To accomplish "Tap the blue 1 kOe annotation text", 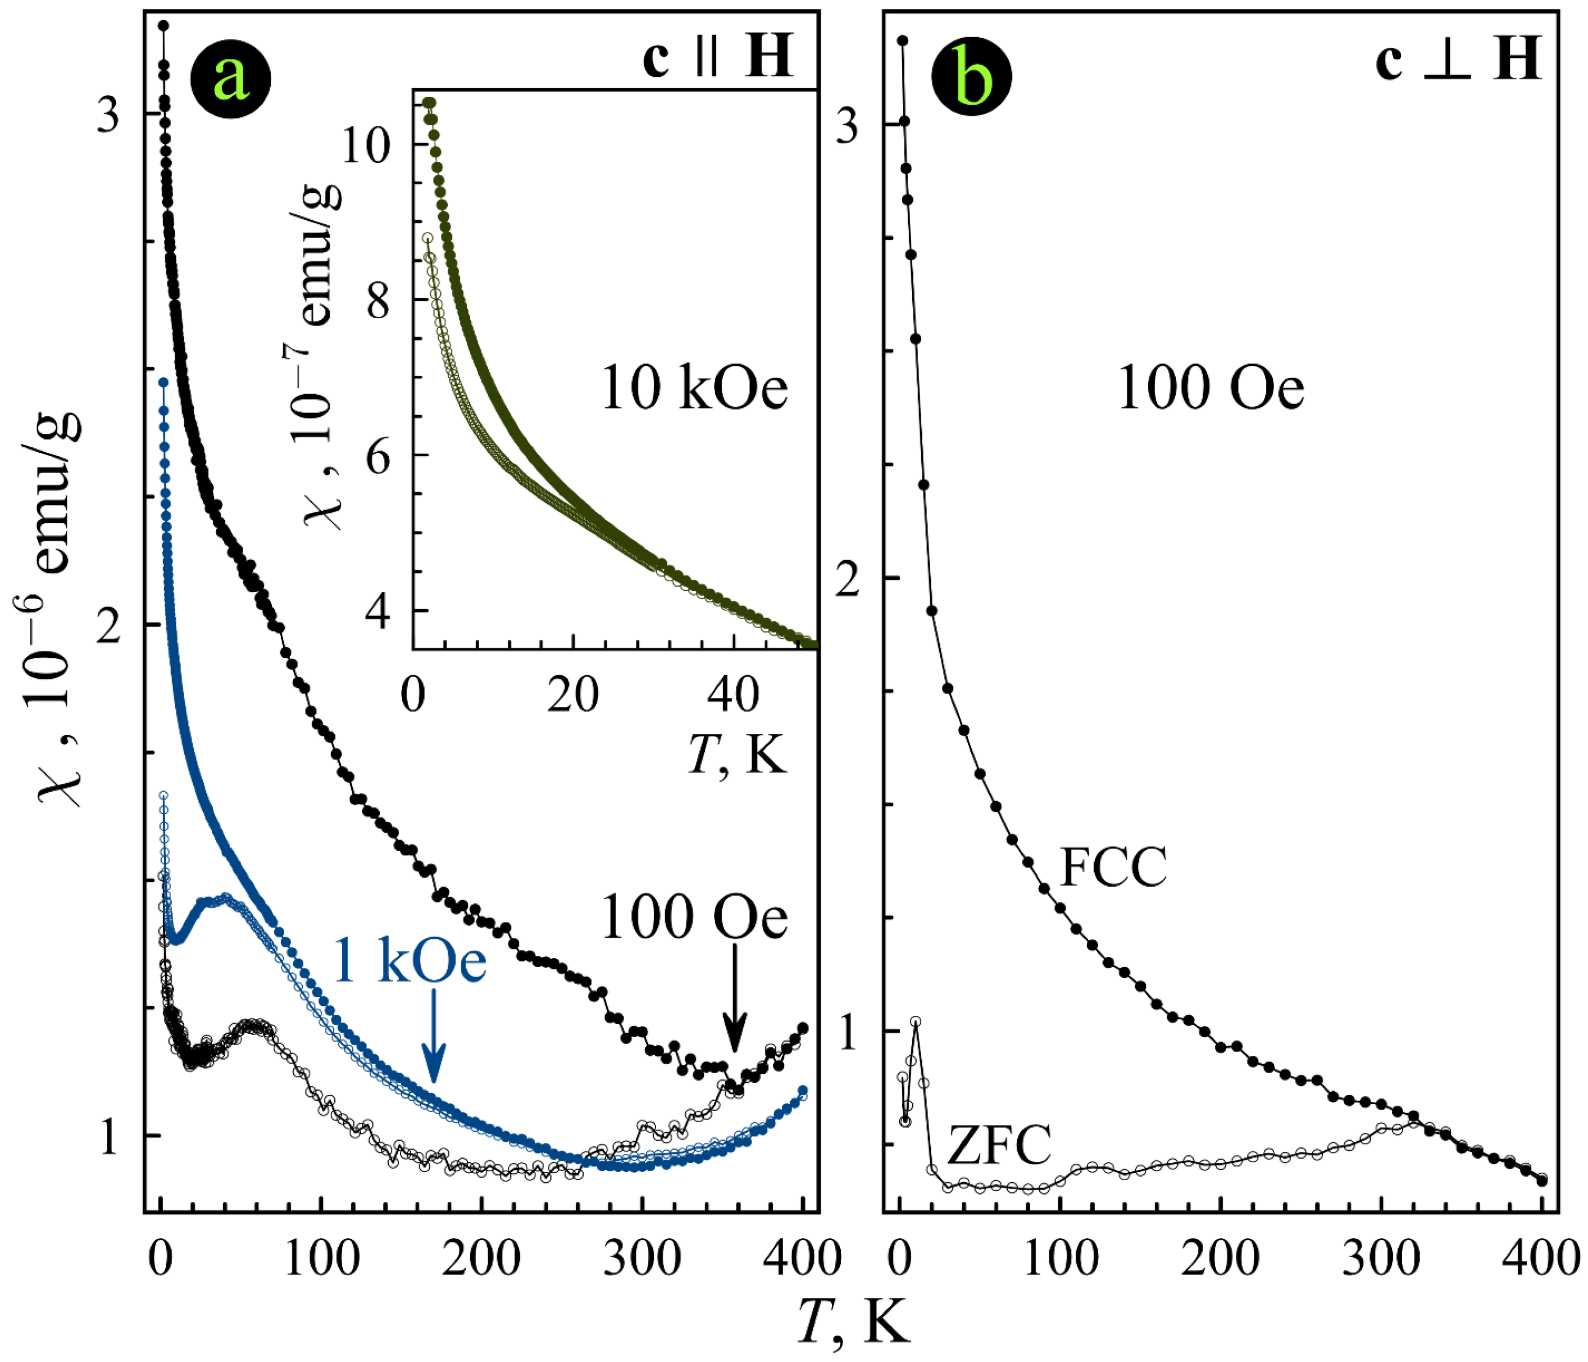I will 410,963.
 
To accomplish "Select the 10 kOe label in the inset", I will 694,389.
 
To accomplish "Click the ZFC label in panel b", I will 999,1145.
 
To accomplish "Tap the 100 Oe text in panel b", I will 1210,389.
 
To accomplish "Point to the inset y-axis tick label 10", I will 366,144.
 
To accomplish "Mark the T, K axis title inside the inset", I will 738,754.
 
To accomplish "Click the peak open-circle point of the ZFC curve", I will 915,1022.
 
